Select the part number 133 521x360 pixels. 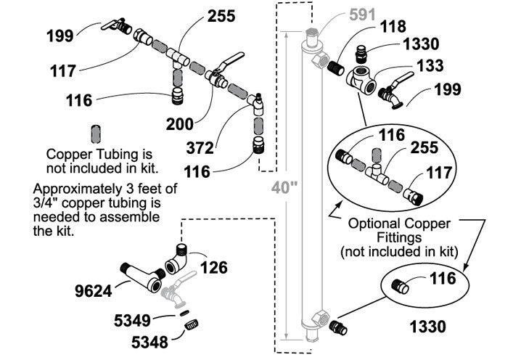pyautogui.click(x=430, y=66)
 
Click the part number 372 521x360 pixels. pyautogui.click(x=200, y=148)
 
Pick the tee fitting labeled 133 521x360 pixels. pyautogui.click(x=364, y=78)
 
